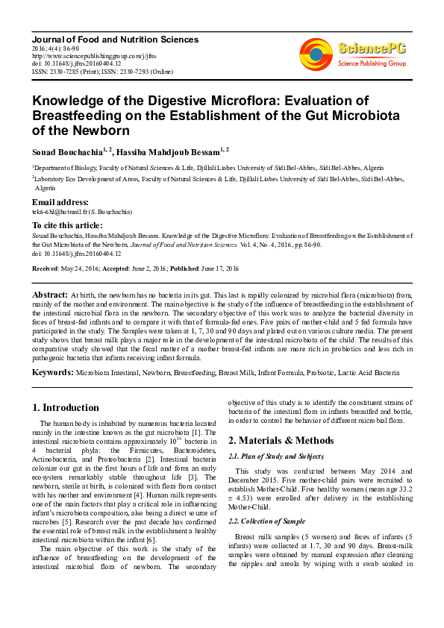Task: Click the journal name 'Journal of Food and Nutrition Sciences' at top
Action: click(115, 38)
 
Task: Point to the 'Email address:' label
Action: click(60, 202)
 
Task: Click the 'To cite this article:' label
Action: click(67, 224)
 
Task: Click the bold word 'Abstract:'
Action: click(50, 295)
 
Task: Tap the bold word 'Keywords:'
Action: click(52, 371)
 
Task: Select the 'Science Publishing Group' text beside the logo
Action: click(372, 63)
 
